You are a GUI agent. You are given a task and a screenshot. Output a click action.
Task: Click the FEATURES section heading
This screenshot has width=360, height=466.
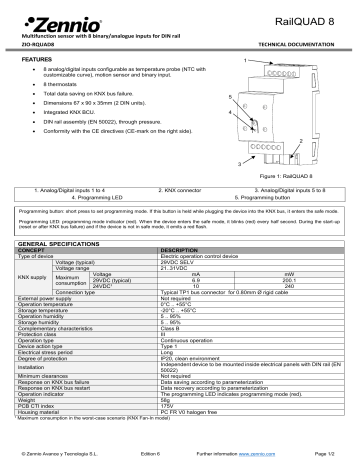(39, 61)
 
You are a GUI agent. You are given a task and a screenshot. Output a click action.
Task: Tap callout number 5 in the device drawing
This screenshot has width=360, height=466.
(229, 96)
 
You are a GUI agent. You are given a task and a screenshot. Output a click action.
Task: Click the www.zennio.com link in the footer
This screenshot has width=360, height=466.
(246, 455)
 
